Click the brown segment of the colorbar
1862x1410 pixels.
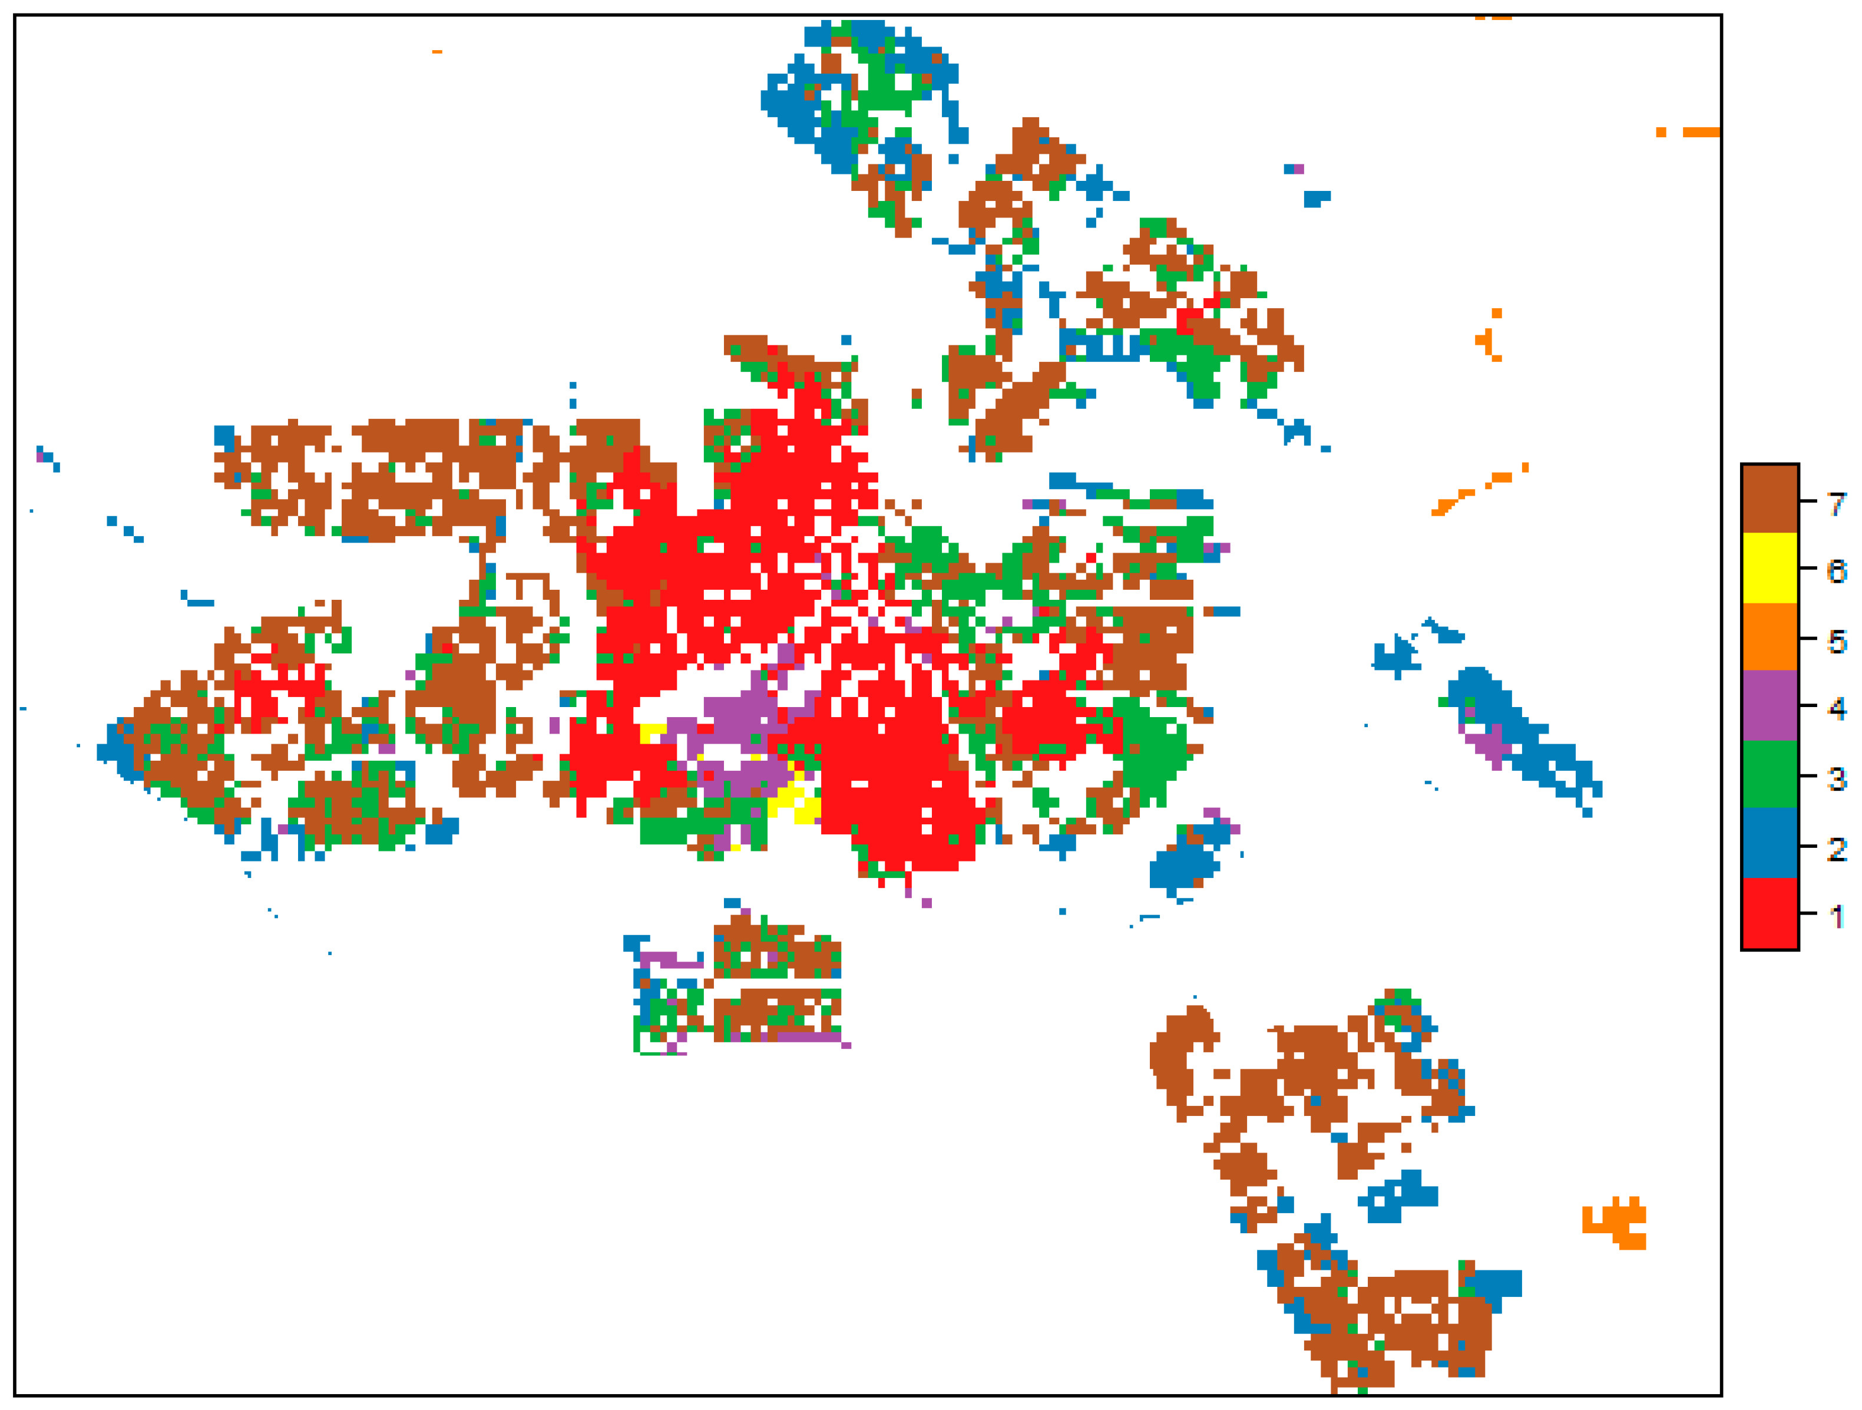click(x=1770, y=498)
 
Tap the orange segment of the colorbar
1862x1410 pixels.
click(x=1770, y=636)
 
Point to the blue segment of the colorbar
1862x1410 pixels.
click(x=1770, y=844)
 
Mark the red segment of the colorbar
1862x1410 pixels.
click(x=1770, y=913)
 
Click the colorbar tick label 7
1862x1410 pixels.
click(x=1837, y=503)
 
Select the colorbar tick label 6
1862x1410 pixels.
click(x=1837, y=572)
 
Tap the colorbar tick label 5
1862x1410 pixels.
click(x=1837, y=642)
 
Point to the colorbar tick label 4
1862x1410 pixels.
click(x=1837, y=709)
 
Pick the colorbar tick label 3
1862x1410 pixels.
click(x=1837, y=779)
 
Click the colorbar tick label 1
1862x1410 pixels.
click(x=1837, y=917)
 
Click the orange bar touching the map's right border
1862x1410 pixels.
click(x=1701, y=132)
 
